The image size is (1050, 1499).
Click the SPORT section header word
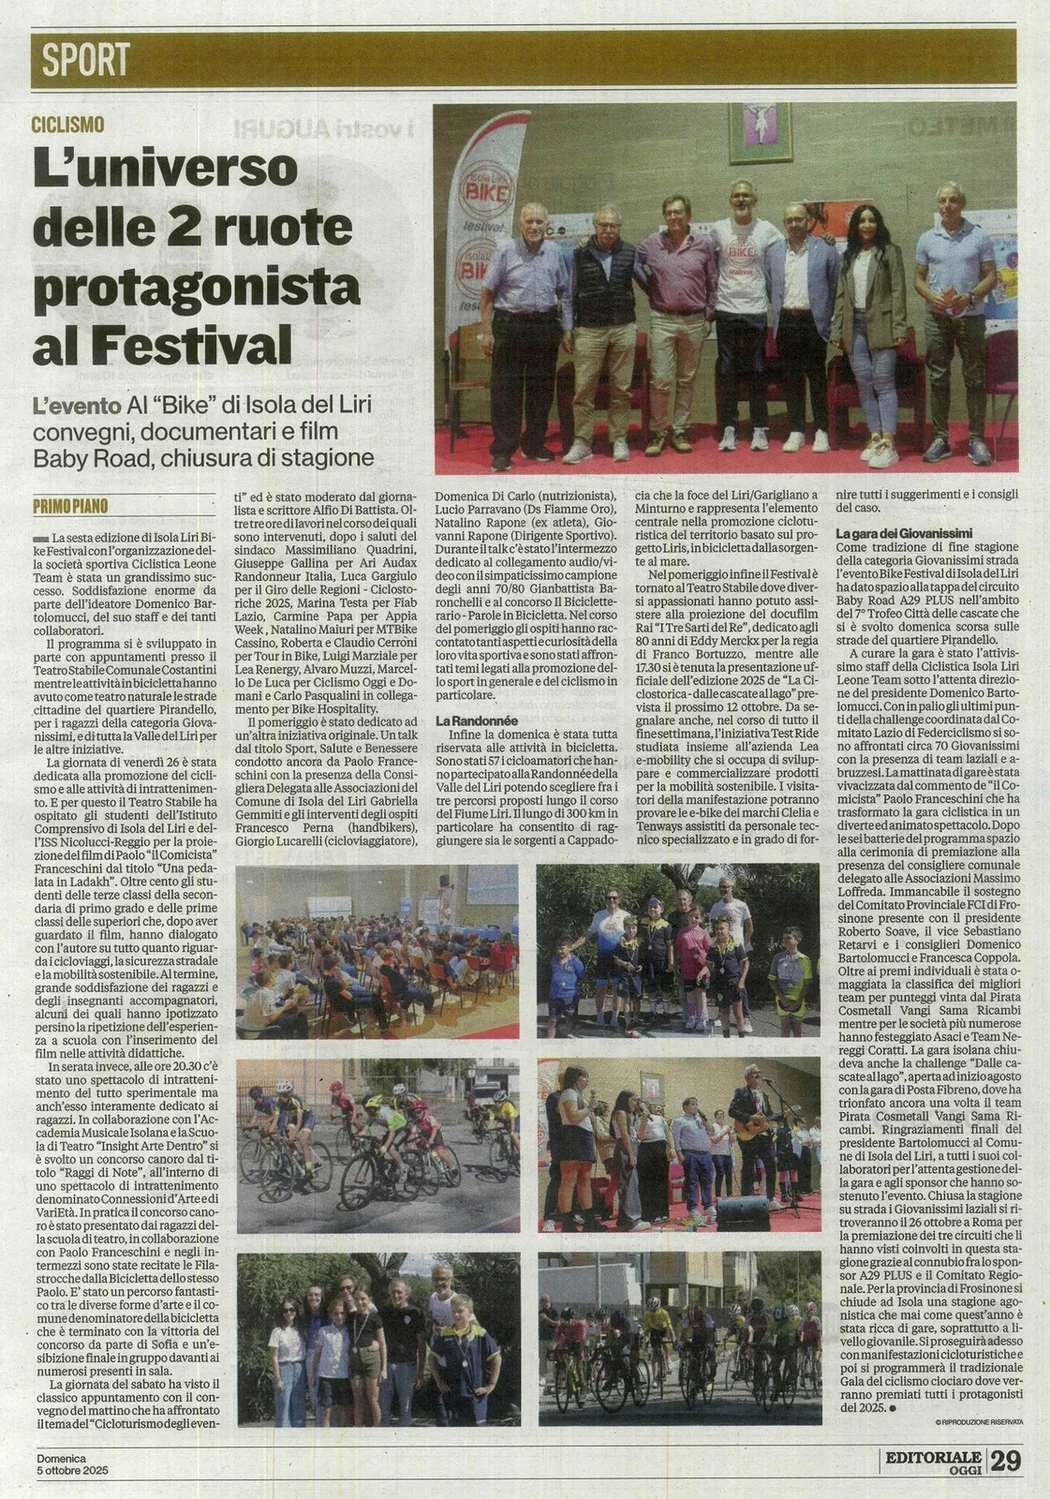[x=86, y=60]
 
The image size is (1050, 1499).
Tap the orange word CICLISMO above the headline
[x=67, y=125]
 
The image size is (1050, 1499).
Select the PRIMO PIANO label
[x=70, y=506]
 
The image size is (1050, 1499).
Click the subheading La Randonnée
[x=477, y=720]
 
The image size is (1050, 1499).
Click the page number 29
[x=1005, y=1460]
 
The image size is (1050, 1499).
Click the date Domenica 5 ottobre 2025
[x=73, y=1464]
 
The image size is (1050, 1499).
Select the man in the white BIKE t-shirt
[x=743, y=309]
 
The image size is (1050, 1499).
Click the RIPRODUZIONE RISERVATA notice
[x=979, y=1422]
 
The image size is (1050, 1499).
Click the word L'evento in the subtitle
[x=77, y=407]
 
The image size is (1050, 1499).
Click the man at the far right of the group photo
[x=954, y=319]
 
